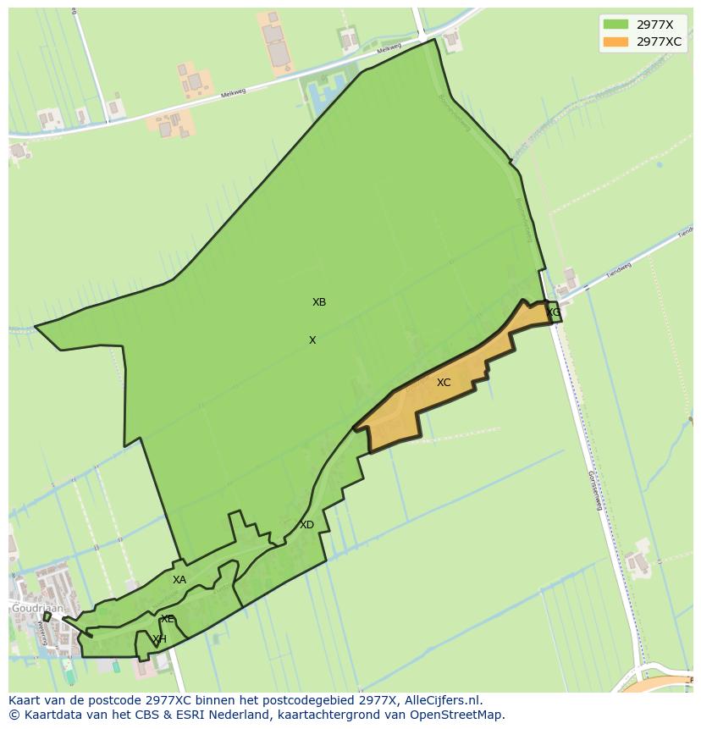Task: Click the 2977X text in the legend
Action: pos(654,25)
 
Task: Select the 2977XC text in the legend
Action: pos(659,41)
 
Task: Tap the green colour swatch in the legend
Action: pos(615,25)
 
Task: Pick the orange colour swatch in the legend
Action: pos(615,41)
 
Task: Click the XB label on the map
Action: pos(319,302)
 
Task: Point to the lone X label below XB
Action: pos(312,340)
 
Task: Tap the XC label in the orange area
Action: pos(444,383)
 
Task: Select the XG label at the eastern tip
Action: pos(553,312)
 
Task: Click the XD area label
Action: pos(306,525)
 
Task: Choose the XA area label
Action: pos(179,580)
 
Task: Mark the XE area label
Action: pos(168,619)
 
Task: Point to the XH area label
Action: pos(159,639)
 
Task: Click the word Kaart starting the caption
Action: pos(25,700)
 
